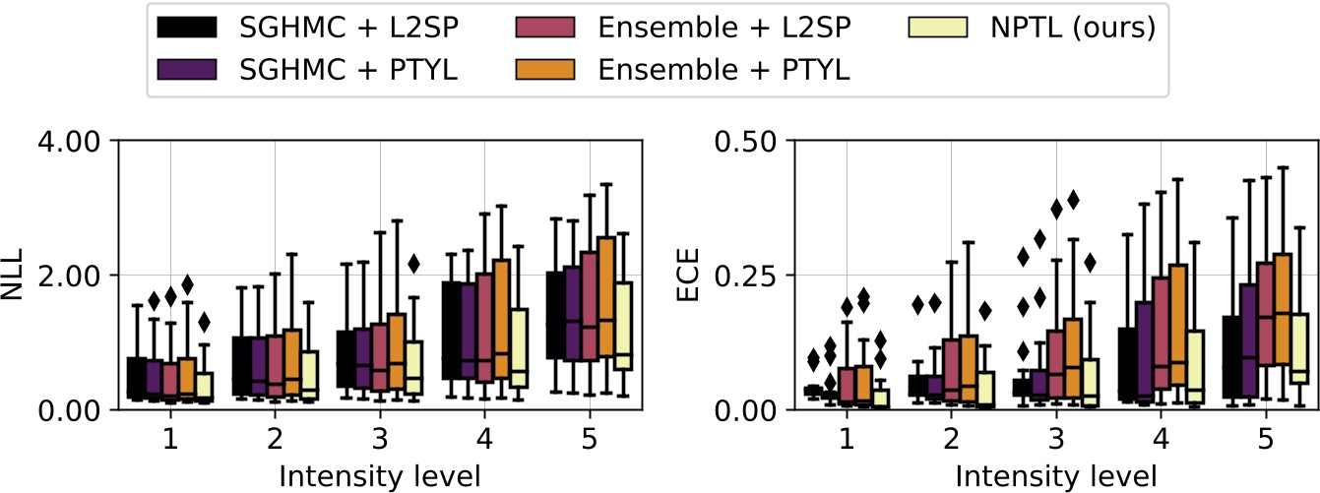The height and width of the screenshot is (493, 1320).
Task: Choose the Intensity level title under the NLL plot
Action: point(380,476)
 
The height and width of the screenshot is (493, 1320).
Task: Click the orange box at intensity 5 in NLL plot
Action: point(604,295)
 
